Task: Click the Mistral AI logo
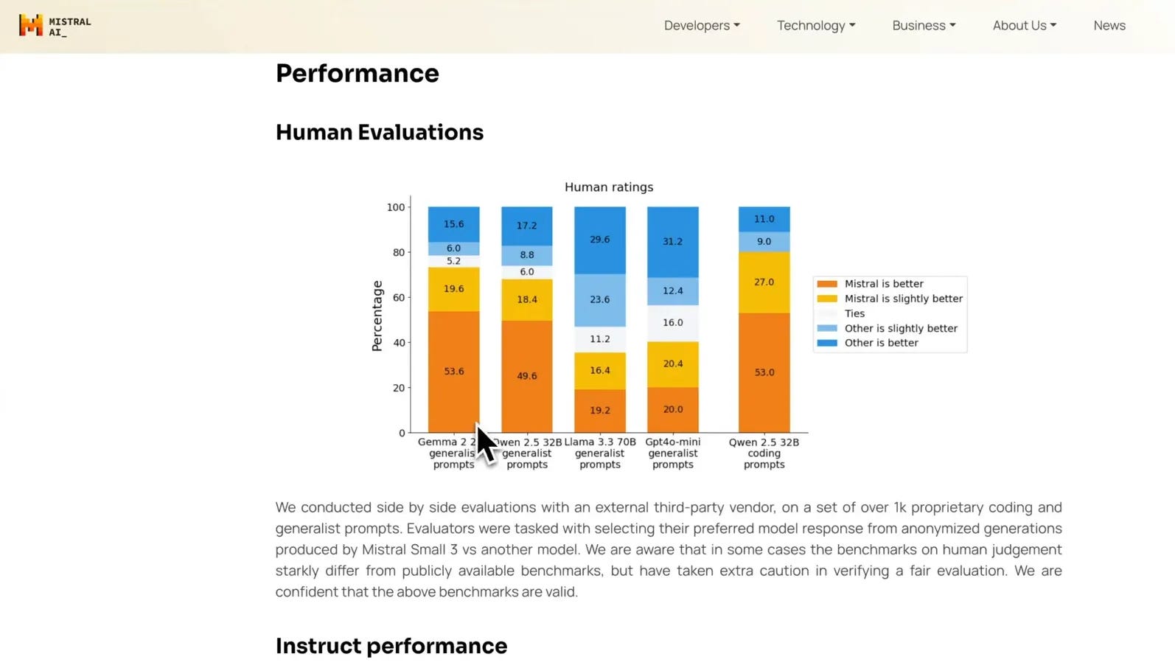[x=55, y=26]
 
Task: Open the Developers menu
[x=702, y=25]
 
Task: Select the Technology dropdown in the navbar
[x=816, y=26]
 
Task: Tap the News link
[x=1109, y=25]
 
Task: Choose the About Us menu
[x=1025, y=25]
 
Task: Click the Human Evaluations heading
[x=379, y=132]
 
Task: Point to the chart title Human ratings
[x=608, y=187]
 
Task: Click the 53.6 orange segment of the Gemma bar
[x=454, y=372]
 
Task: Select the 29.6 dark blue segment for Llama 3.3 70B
[x=599, y=240]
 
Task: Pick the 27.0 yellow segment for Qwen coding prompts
[x=764, y=282]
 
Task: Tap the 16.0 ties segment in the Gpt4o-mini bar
[x=672, y=323]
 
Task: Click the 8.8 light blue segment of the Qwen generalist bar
[x=526, y=255]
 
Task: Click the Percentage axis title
[x=377, y=316]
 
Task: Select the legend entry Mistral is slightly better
[x=890, y=299]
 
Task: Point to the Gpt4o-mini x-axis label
[x=672, y=453]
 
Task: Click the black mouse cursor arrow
[x=485, y=443]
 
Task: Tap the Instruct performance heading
[x=391, y=646]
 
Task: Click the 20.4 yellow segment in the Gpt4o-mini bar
[x=672, y=364]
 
